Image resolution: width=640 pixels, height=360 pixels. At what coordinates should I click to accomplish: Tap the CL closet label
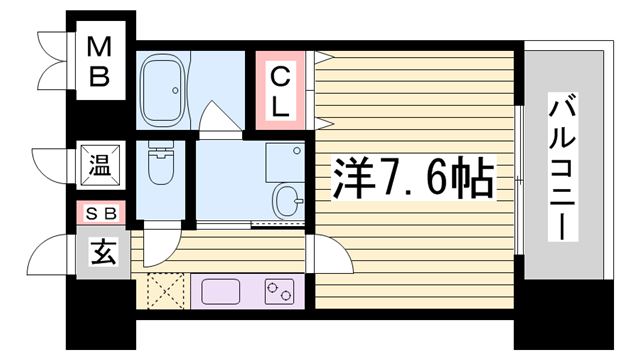click(281, 89)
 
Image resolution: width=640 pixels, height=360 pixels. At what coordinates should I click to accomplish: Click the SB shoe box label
click(101, 212)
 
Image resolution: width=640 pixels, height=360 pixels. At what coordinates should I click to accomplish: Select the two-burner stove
click(279, 292)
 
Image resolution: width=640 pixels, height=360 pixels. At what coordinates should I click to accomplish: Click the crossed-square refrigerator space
click(161, 292)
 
